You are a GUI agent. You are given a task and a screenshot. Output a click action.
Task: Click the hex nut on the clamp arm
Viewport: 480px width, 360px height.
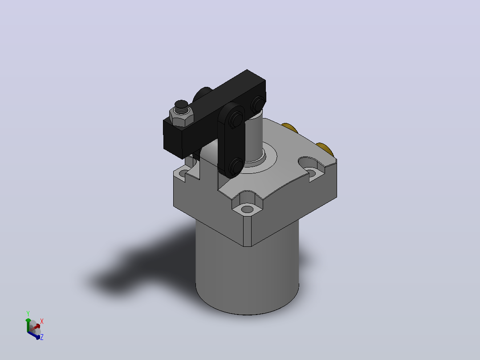click(181, 117)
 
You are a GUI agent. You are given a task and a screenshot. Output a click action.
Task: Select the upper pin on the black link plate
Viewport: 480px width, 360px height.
click(236, 118)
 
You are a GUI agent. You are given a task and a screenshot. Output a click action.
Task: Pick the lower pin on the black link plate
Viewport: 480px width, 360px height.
click(236, 166)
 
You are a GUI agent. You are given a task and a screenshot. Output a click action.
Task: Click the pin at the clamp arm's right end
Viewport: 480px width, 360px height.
click(257, 103)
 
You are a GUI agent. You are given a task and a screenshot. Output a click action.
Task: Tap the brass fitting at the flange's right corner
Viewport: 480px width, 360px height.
click(325, 148)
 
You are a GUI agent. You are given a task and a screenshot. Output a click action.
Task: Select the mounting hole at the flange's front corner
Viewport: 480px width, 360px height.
click(248, 210)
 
